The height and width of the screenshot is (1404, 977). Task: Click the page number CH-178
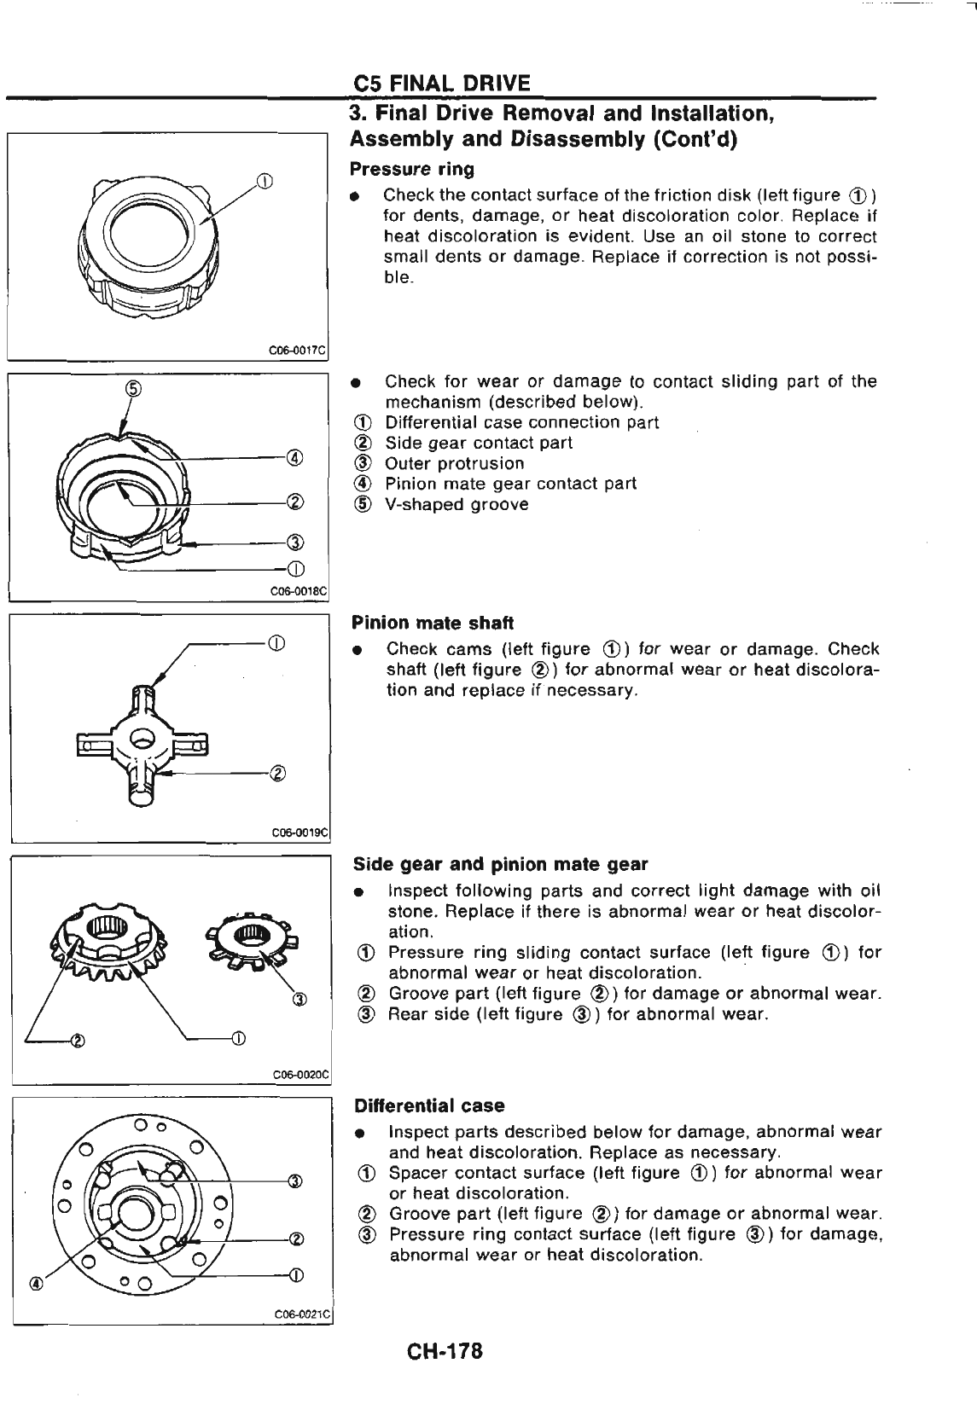pos(445,1352)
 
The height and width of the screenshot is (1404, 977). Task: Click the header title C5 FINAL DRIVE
pos(441,83)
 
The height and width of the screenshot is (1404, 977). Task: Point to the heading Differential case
pos(429,1105)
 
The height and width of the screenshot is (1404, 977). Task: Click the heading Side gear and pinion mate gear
pos(500,864)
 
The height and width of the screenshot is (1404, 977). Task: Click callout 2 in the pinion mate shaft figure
pos(276,774)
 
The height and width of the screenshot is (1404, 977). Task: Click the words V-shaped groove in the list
pos(457,504)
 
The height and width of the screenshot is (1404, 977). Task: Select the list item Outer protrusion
pos(454,463)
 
